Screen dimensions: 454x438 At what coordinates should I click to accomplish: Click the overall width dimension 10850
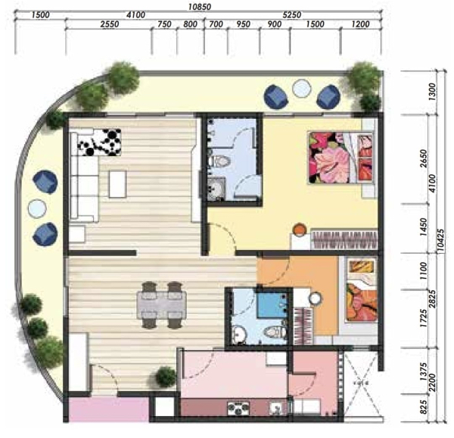coord(200,6)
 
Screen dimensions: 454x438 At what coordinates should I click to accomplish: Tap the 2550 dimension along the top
coord(110,24)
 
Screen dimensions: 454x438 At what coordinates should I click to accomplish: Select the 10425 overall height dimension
coord(440,242)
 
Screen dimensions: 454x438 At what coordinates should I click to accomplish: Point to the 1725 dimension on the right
coord(423,318)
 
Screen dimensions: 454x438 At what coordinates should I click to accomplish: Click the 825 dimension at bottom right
coord(423,407)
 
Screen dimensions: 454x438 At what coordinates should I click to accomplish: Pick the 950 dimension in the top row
coord(243,24)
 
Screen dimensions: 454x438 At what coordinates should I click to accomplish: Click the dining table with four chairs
coord(162,305)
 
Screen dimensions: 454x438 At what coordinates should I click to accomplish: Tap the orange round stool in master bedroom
coord(300,230)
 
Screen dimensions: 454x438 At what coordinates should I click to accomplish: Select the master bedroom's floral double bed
coord(341,158)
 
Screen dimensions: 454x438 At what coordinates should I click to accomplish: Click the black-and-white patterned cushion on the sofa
coord(100,142)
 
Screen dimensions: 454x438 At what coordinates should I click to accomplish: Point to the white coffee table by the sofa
coord(117,184)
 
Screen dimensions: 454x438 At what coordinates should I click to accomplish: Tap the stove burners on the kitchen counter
coord(238,408)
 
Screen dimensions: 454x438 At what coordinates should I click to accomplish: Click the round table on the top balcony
coord(302,89)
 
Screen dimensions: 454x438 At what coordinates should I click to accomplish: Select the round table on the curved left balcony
coord(37,208)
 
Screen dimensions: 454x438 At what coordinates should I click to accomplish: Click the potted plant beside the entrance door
coord(165,377)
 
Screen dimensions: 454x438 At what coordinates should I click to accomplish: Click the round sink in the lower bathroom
coord(239,335)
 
